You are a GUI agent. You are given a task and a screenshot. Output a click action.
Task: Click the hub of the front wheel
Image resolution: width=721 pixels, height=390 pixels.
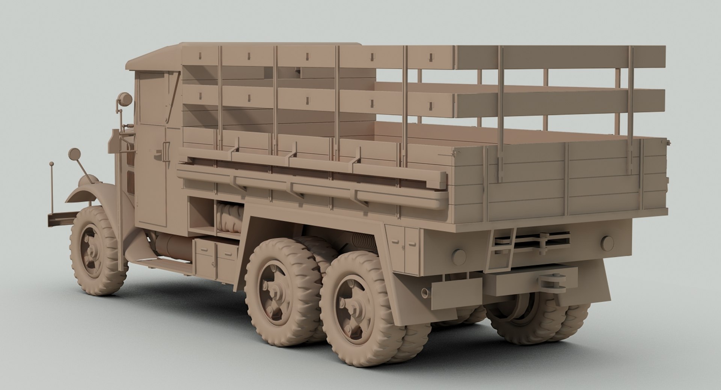(x=91, y=251)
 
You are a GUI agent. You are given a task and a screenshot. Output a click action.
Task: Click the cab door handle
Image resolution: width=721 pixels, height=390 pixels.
(x=164, y=149)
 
